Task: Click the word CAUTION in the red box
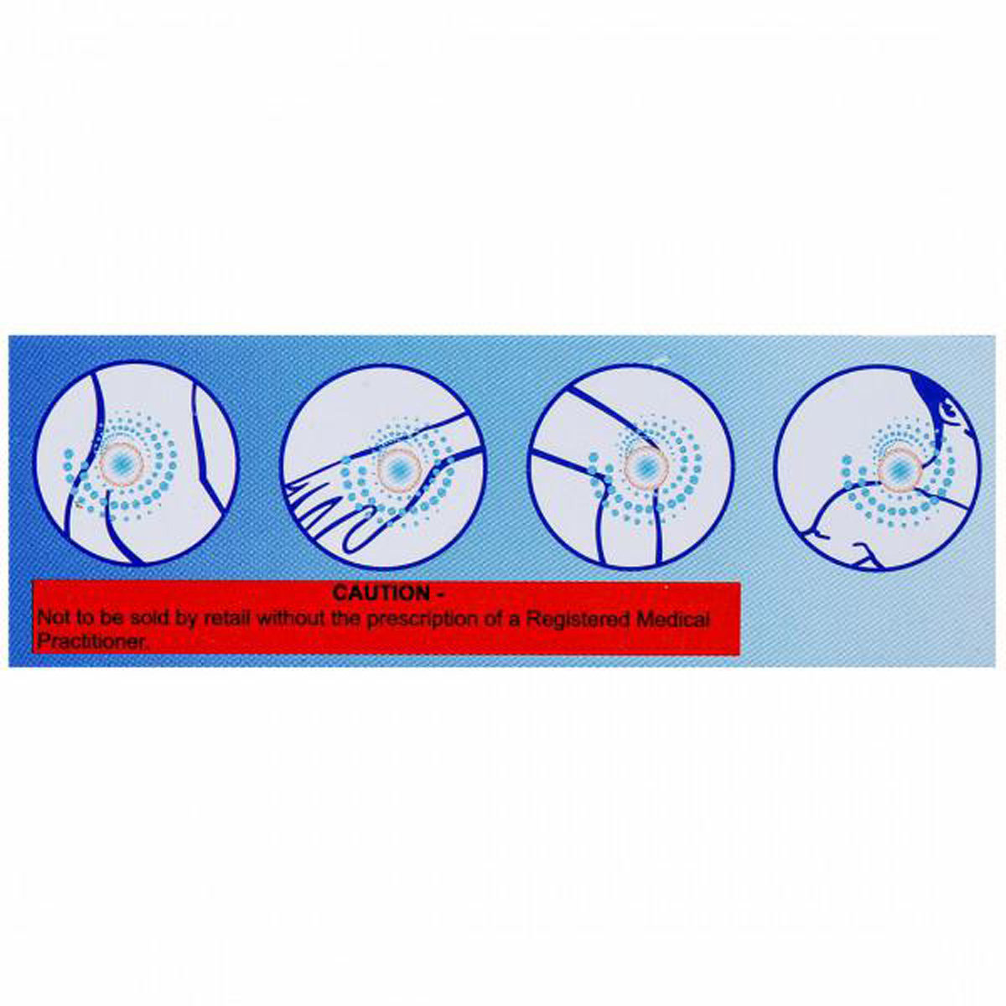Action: pyautogui.click(x=380, y=594)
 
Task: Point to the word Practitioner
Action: pyautogui.click(x=91, y=641)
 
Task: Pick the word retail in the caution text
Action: pyautogui.click(x=228, y=620)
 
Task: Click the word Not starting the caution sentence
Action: pyautogui.click(x=52, y=620)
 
